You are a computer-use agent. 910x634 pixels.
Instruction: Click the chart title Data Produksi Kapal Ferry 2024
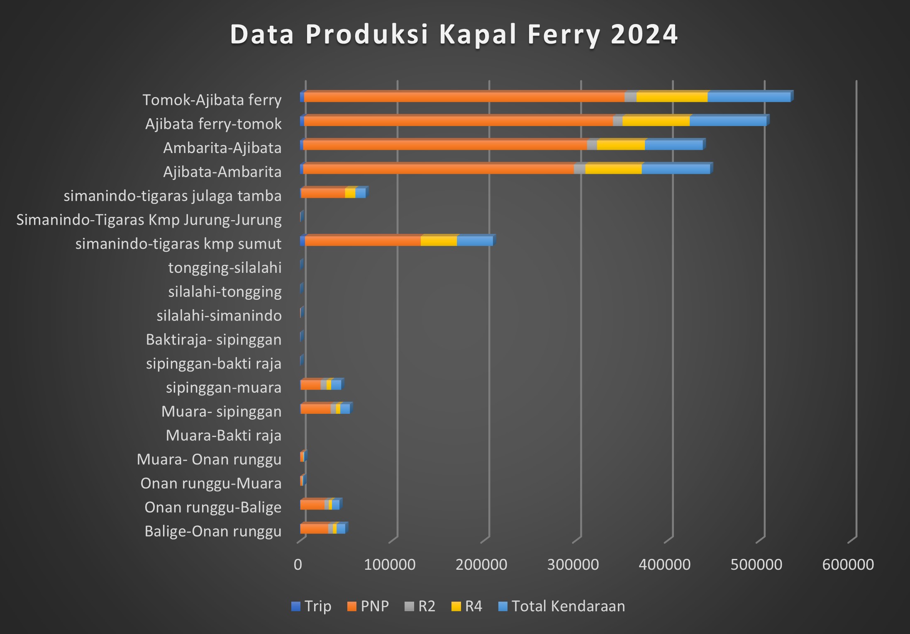(454, 34)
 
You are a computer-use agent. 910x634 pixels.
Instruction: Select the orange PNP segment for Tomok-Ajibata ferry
(464, 97)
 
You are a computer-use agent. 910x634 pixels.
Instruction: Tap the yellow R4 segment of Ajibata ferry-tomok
(656, 121)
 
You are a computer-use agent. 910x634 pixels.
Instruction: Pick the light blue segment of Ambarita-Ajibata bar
(673, 145)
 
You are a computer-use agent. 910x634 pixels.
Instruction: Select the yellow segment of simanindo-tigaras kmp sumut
(439, 241)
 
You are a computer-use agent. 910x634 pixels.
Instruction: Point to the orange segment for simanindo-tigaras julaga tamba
(323, 193)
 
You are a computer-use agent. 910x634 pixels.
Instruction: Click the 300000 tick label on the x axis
(573, 565)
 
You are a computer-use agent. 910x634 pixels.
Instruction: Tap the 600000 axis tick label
(848, 565)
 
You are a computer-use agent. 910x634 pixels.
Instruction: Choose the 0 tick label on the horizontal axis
(298, 565)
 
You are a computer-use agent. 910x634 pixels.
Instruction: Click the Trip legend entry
(312, 606)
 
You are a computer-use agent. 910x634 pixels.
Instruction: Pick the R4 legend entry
(467, 606)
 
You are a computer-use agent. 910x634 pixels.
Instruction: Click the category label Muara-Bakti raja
(223, 435)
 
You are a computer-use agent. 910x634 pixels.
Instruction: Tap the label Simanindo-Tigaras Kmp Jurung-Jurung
(149, 220)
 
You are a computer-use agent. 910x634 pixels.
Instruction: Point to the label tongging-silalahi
(224, 268)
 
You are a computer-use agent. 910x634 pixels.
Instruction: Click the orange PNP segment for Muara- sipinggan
(315, 409)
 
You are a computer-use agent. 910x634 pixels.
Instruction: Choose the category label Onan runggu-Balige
(213, 508)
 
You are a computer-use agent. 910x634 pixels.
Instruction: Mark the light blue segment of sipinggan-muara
(336, 385)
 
